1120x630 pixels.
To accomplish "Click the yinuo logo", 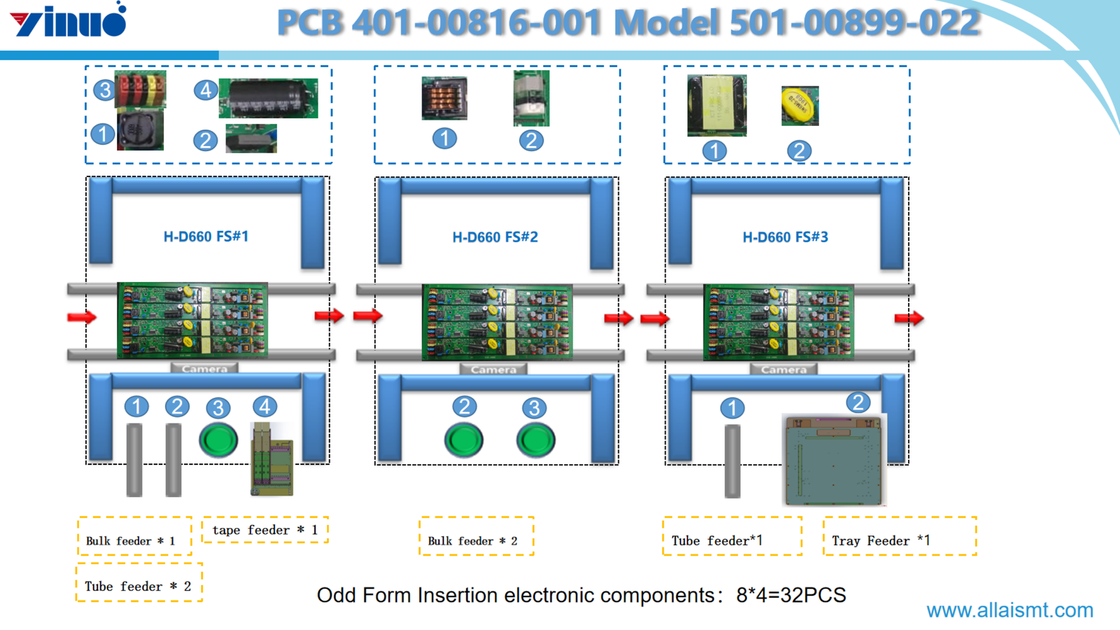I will [69, 21].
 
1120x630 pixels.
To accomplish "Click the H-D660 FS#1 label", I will [206, 237].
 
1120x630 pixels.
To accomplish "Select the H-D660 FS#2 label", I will [495, 237].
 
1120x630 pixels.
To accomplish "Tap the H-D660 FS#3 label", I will [785, 237].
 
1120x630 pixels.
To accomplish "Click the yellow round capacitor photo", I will [799, 106].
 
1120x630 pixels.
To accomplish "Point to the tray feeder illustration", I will [833, 460].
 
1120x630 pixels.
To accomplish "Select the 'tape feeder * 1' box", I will [265, 530].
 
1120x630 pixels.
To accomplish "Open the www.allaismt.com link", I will [1009, 610].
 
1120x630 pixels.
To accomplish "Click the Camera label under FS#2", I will [493, 369].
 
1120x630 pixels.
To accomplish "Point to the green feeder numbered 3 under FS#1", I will [218, 440].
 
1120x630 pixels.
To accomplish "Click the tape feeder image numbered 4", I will [272, 458].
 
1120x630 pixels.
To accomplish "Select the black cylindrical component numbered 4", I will [268, 98].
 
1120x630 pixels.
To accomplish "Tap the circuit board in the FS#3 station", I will [778, 322].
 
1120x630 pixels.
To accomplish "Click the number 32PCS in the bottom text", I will [813, 595].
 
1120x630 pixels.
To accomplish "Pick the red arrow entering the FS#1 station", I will [82, 317].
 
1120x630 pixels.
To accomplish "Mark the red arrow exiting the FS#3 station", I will [909, 318].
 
